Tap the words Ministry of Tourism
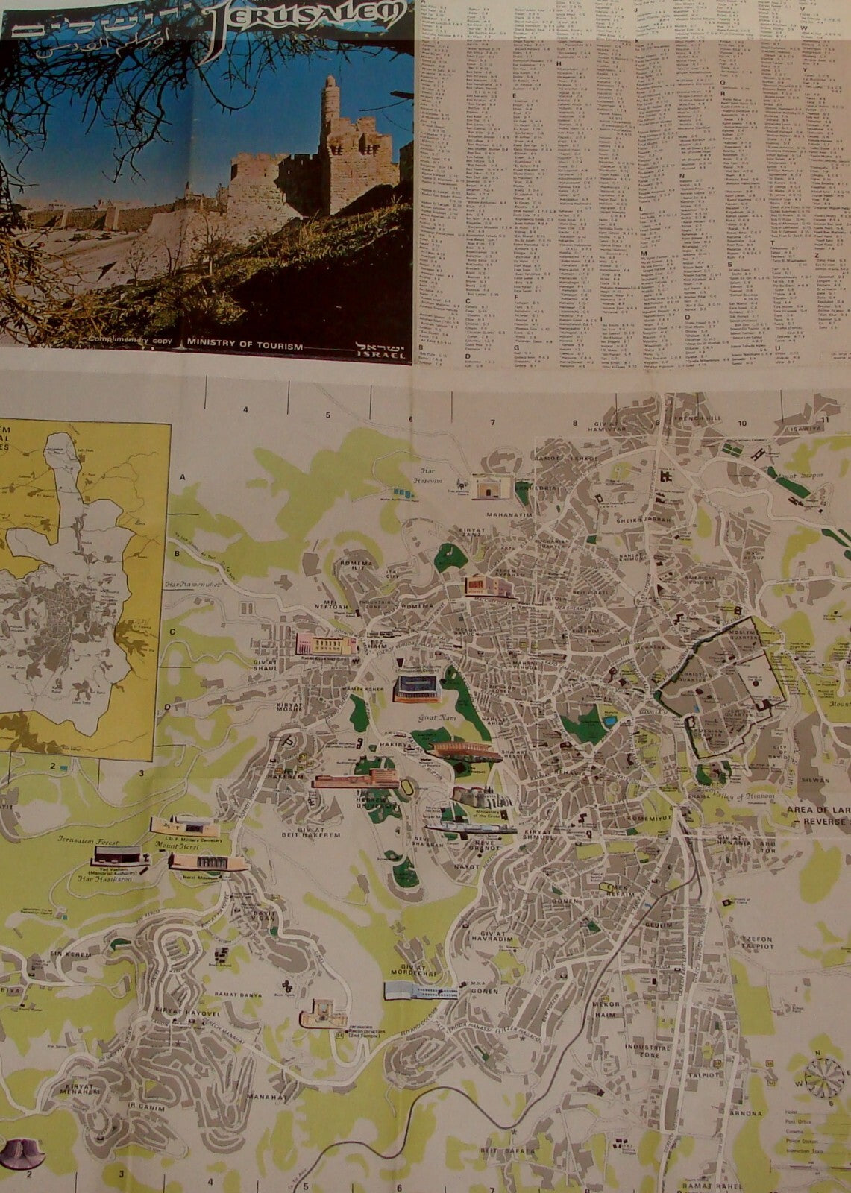tap(245, 345)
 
